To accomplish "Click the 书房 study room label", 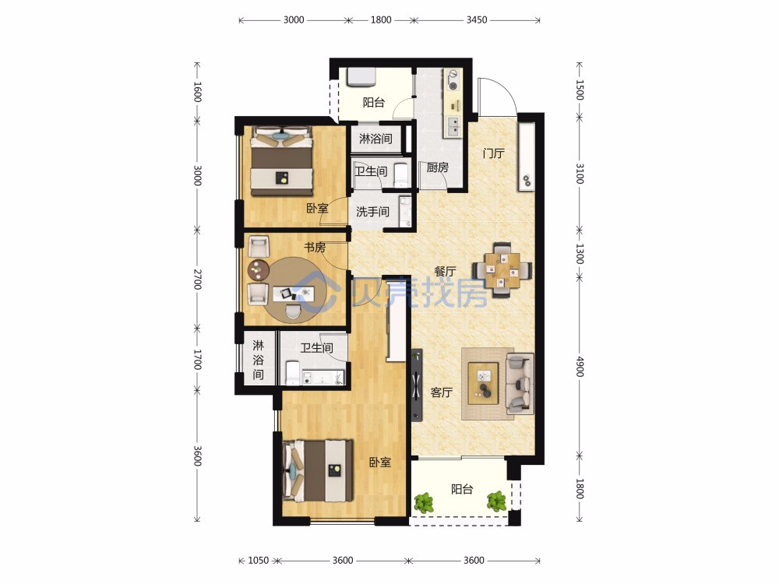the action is click(315, 247).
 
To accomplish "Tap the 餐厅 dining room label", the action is click(445, 271).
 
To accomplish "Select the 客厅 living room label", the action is click(441, 392).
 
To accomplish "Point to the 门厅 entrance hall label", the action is click(493, 153).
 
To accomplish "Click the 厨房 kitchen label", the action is click(437, 167).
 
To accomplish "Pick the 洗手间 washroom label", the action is click(372, 212).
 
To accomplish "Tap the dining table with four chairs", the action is click(502, 269).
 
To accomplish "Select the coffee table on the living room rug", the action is click(484, 380).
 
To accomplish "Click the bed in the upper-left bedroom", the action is click(282, 161).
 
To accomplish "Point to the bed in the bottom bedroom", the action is click(318, 471).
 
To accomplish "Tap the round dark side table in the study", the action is click(259, 270).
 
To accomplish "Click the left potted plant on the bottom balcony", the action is click(424, 502).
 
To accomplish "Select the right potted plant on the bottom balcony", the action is click(496, 501).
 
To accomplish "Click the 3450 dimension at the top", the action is click(477, 20).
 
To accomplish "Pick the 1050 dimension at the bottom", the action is click(258, 561).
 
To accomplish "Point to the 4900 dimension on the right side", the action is click(580, 367).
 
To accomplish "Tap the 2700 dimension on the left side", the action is click(197, 279).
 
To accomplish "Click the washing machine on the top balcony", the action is click(361, 77).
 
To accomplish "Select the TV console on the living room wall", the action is click(417, 385).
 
